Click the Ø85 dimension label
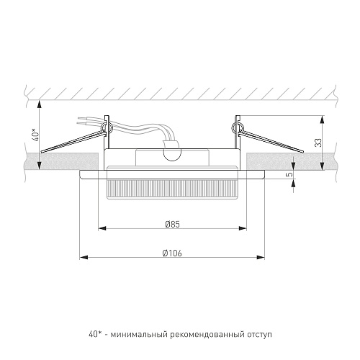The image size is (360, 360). point(173,225)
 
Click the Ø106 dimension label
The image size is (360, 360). point(172,253)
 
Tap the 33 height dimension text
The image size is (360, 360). point(319,143)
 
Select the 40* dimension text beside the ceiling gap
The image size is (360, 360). point(36,135)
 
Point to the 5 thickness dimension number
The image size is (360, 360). point(290,174)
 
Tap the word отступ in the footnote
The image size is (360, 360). point(259,334)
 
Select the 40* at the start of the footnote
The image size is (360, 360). point(94,334)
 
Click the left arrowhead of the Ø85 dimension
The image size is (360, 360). point(102,228)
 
